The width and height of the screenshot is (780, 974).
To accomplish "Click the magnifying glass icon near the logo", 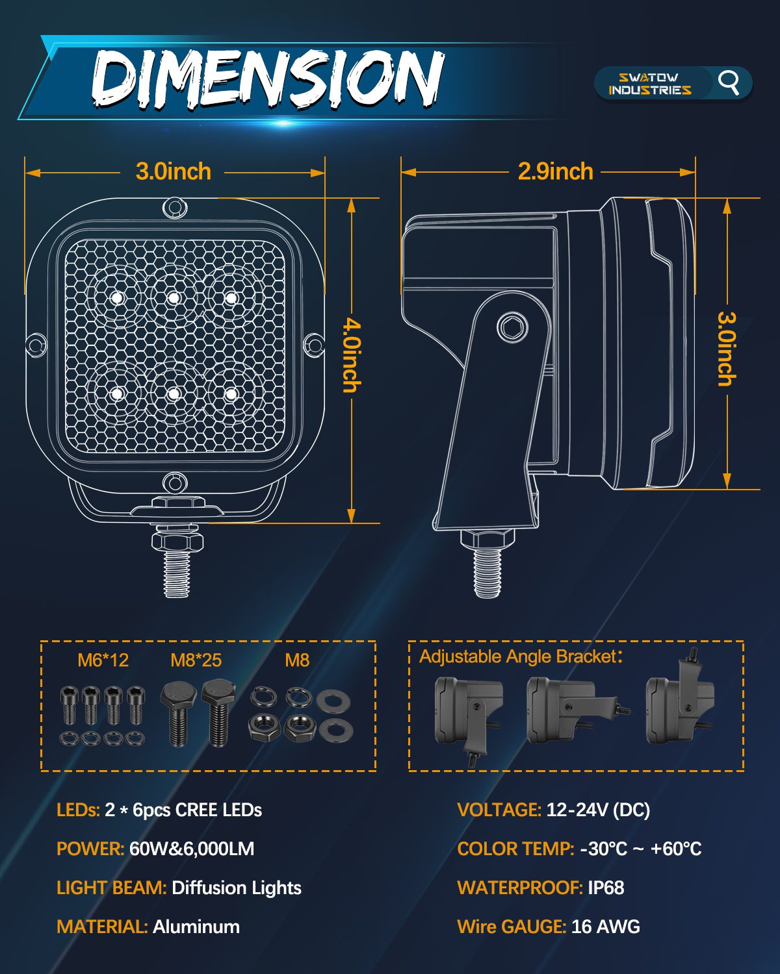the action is tap(729, 83).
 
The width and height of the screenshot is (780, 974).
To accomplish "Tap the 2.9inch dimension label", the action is tap(555, 171).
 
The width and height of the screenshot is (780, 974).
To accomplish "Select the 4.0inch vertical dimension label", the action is tap(352, 355).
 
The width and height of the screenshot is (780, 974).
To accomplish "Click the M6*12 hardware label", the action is tap(103, 660).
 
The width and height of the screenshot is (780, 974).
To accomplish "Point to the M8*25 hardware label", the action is tap(196, 660).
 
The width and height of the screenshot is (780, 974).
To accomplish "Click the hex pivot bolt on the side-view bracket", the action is tap(513, 327).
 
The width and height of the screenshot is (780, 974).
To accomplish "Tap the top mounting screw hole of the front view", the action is tap(174, 208).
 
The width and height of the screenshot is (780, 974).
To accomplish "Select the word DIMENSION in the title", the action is tap(267, 79).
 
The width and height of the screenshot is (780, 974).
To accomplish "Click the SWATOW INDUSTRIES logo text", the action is tap(649, 84).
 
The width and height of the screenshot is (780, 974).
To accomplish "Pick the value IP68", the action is tap(606, 888).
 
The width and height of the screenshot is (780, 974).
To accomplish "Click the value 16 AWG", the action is tap(606, 927).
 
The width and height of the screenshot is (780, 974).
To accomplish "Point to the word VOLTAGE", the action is tap(499, 810).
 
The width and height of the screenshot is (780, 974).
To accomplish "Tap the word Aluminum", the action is tap(196, 927).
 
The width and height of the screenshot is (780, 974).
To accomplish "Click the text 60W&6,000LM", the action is tap(192, 849).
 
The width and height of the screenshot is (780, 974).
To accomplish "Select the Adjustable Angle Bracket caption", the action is tap(521, 656).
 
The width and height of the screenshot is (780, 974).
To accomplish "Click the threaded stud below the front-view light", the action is tap(177, 573).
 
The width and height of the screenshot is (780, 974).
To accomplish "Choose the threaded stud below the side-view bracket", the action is tap(487, 573).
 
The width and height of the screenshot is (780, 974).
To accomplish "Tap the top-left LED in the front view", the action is tap(118, 298).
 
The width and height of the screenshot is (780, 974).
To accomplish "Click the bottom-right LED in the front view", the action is tap(231, 393).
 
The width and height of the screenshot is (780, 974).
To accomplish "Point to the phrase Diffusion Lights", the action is tap(237, 888).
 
